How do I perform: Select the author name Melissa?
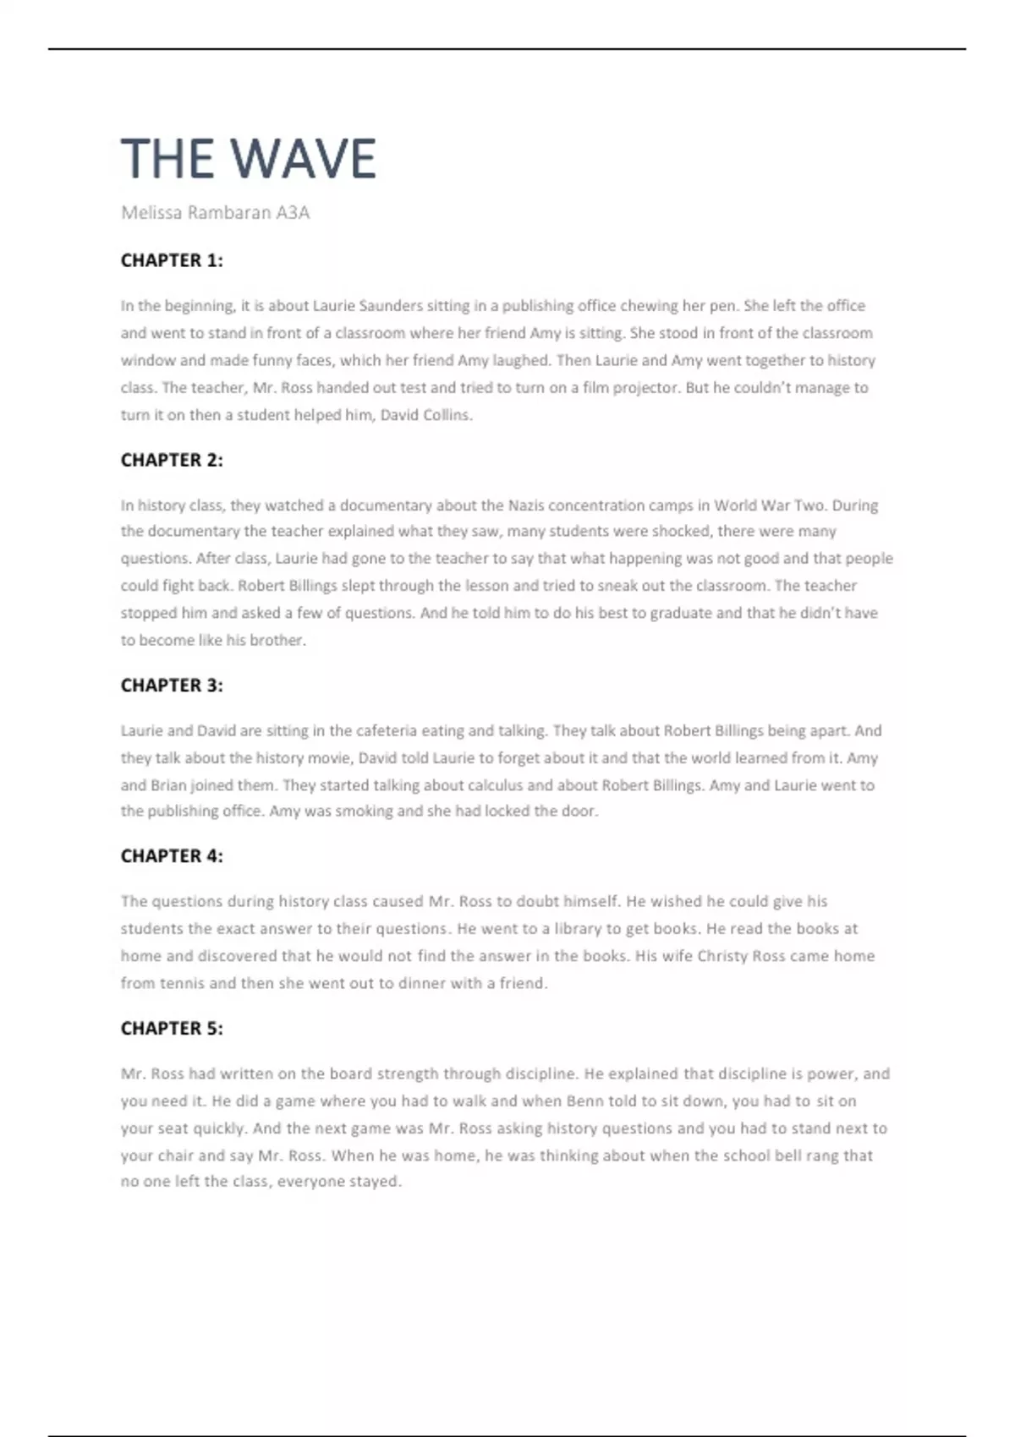151,213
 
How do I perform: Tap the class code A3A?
293,213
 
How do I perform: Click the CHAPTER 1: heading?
172,260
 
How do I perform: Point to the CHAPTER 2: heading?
172,461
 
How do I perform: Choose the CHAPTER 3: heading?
172,686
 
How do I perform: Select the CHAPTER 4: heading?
172,856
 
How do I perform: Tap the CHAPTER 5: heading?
172,1029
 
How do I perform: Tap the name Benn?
584,1101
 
